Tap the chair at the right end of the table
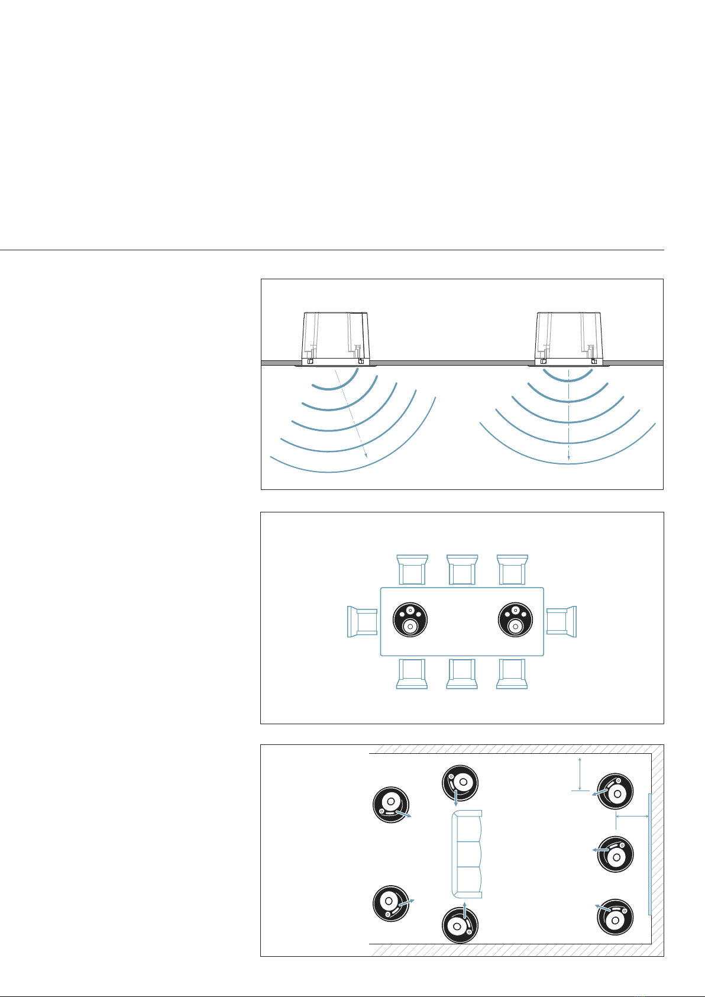[561, 621]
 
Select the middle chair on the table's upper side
[462, 570]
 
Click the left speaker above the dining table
[410, 620]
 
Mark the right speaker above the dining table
[516, 620]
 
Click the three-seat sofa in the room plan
[467, 854]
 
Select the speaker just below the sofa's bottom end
[460, 924]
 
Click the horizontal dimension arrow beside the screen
[632, 817]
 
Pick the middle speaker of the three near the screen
[615, 854]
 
